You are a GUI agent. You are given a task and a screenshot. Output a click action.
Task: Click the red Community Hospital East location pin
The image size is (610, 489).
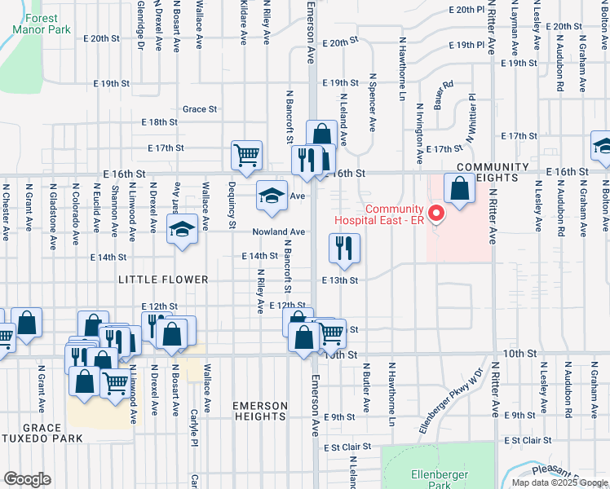click(x=435, y=214)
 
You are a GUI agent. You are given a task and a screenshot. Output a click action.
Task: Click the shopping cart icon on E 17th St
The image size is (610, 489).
click(x=247, y=154)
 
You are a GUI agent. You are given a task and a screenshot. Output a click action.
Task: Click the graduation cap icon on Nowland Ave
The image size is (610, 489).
click(x=182, y=229)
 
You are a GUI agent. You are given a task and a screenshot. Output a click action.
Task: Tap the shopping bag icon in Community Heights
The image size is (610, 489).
click(x=461, y=188)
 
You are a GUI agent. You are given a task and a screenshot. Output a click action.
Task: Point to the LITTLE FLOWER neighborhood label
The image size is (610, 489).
click(x=163, y=280)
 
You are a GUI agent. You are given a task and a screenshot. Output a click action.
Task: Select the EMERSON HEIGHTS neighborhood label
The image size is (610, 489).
click(x=260, y=411)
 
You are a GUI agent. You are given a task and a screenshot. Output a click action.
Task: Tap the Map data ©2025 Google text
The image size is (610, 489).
click(x=559, y=482)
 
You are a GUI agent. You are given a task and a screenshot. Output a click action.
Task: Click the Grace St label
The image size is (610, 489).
click(x=200, y=108)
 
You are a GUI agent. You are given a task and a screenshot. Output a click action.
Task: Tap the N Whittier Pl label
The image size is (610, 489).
click(x=471, y=119)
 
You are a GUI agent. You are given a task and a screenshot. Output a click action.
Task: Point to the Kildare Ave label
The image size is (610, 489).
click(x=243, y=23)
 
